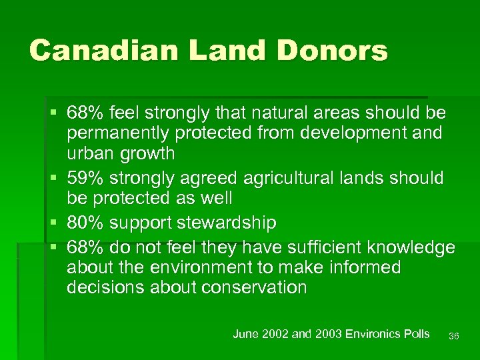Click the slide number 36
tap(454, 336)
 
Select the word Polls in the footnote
tap(417, 334)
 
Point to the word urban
tap(91, 154)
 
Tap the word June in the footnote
tap(244, 334)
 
